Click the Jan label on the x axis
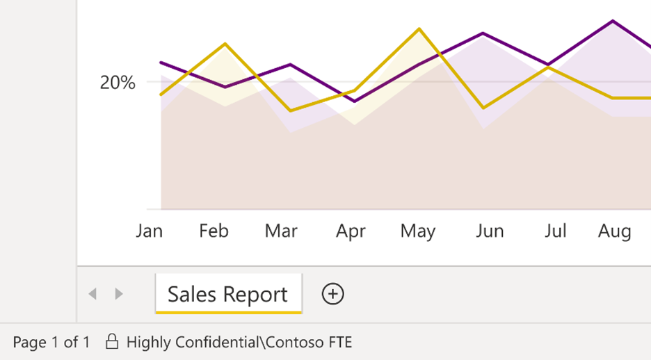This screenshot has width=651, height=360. coord(149,231)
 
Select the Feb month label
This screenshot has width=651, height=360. coord(214,231)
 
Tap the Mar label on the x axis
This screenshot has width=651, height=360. coord(281,231)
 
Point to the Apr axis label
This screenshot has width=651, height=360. coord(351,231)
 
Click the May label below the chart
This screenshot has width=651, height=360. coord(417,231)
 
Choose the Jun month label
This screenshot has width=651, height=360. coord(490,231)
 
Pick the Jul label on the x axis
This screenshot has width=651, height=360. coord(555,231)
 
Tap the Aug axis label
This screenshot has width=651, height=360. coord(615,231)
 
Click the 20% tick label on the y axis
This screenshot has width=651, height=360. coord(118,83)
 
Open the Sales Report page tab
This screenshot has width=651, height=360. coord(227,294)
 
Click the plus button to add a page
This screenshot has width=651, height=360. coord(333,294)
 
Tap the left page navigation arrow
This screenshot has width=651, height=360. coord(93,294)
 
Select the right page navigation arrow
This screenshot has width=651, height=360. coord(119,294)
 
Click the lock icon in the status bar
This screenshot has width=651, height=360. coord(111,342)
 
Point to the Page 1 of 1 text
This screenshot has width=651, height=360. coord(51,342)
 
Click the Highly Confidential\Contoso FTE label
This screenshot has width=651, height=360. coord(239,342)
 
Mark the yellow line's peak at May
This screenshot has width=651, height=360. coord(419,29)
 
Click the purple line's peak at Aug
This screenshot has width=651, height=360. coord(613,21)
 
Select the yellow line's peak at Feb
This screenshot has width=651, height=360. coord(225,44)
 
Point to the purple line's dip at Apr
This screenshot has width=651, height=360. coord(355,101)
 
